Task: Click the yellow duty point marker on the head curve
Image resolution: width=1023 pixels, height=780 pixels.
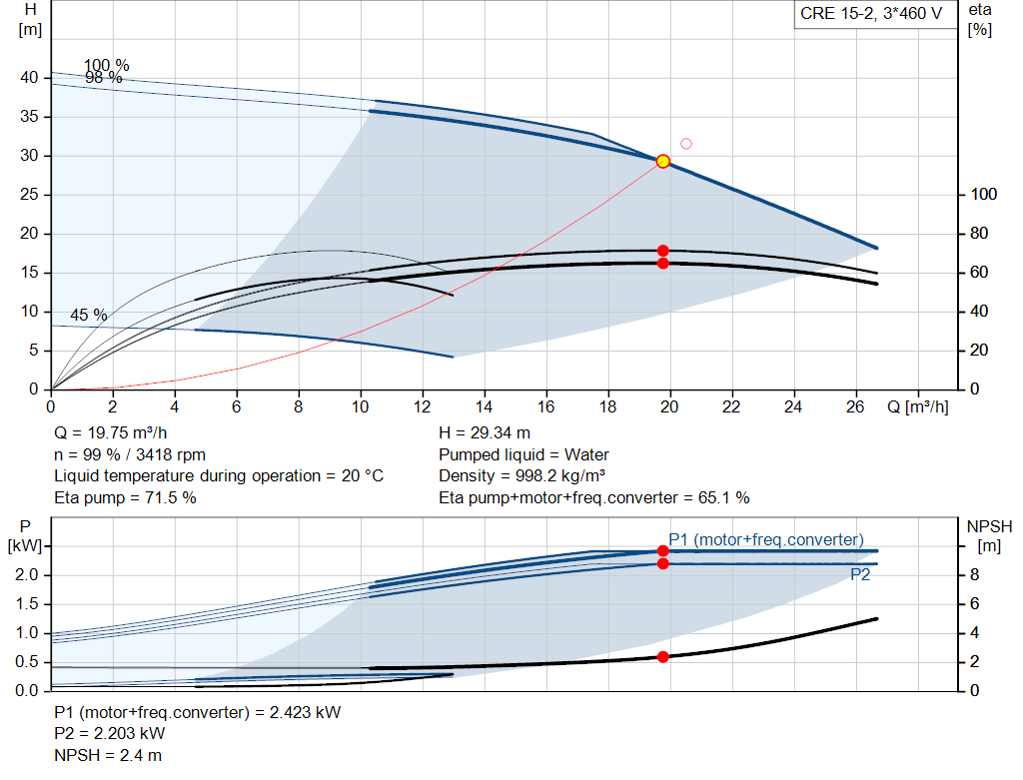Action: click(x=662, y=161)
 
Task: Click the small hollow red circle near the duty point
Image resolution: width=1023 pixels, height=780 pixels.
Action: click(x=686, y=144)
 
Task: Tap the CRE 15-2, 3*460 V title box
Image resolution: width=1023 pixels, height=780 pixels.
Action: click(x=870, y=14)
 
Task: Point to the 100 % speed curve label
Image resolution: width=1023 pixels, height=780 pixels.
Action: click(x=106, y=66)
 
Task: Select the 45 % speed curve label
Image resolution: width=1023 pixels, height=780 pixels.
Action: click(x=88, y=315)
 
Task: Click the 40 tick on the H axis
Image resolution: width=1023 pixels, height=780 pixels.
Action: click(x=29, y=78)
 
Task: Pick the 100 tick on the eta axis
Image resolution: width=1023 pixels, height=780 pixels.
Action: click(x=984, y=195)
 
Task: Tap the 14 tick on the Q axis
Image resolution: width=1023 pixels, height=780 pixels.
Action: click(x=485, y=406)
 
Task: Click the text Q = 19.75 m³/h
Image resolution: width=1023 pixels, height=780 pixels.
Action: click(x=111, y=433)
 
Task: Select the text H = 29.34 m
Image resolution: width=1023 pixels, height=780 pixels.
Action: click(x=485, y=433)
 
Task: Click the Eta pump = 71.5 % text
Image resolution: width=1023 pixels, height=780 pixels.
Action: click(x=125, y=497)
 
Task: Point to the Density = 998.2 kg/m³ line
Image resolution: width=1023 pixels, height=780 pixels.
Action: click(x=522, y=475)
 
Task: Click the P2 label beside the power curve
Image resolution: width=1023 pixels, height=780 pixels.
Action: click(x=860, y=574)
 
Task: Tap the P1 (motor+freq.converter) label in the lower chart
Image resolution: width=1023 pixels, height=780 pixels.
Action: click(x=766, y=539)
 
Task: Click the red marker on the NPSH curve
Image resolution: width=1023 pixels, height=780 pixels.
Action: click(x=662, y=656)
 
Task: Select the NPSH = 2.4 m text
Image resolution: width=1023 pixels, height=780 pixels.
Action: click(x=108, y=755)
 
